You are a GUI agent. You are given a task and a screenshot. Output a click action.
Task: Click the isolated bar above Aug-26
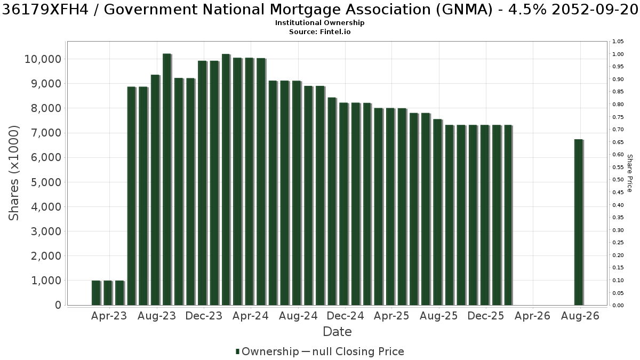[579, 222]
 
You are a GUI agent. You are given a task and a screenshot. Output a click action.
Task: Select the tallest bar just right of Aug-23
[167, 179]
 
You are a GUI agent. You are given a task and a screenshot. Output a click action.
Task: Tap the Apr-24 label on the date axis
[251, 316]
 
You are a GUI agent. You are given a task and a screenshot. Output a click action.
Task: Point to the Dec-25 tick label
[486, 316]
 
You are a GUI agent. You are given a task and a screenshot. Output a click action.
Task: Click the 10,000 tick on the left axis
[43, 59]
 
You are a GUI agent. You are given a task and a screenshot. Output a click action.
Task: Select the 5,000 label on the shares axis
[46, 182]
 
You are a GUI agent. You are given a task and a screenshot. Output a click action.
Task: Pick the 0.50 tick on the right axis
[618, 180]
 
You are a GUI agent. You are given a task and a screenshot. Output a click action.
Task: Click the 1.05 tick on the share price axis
[618, 42]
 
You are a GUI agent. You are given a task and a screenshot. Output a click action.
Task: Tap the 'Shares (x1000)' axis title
[13, 173]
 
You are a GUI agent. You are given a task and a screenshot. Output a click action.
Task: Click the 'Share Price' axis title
[630, 173]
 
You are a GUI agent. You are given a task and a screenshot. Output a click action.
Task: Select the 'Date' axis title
[337, 332]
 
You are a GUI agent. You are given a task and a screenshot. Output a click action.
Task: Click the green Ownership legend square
[237, 351]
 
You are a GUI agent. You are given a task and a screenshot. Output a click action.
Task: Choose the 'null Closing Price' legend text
[358, 351]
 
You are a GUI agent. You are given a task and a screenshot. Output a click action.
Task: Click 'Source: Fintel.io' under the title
[319, 31]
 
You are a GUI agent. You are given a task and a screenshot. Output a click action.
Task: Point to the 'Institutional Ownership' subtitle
[319, 23]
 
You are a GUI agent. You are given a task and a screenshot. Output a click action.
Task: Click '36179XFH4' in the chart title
[45, 10]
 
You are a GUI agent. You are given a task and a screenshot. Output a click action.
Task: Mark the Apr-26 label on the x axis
[533, 316]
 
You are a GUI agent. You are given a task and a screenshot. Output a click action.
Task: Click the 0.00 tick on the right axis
[618, 306]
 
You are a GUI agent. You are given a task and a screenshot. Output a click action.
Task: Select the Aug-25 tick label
[439, 316]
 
